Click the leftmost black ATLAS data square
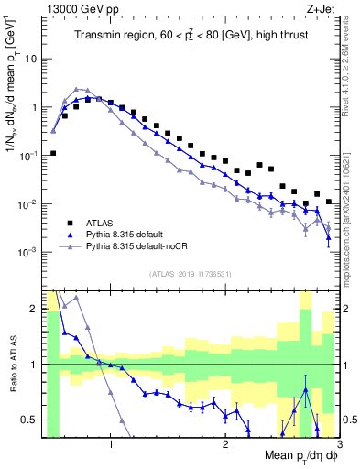click(53, 153)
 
